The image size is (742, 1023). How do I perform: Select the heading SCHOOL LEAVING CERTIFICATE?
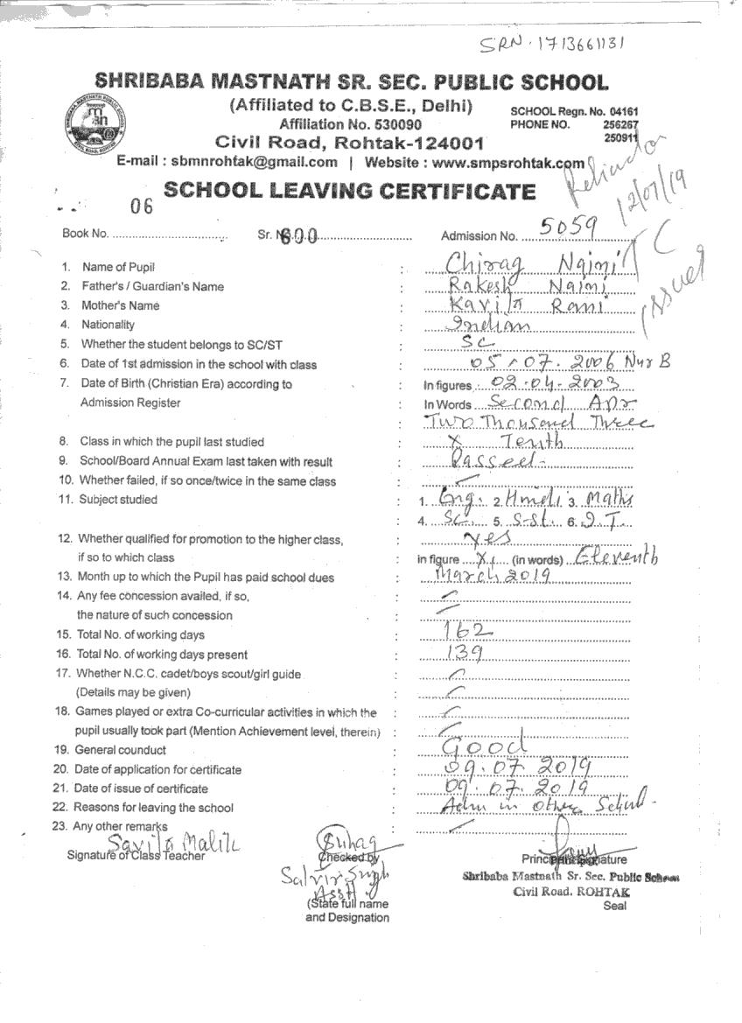[349, 192]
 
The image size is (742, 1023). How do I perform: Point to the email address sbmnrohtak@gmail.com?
[254, 162]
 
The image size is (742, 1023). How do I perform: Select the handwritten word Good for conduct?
[484, 746]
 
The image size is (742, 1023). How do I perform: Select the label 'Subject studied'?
[118, 500]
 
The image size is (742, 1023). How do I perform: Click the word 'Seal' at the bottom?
[614, 906]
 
